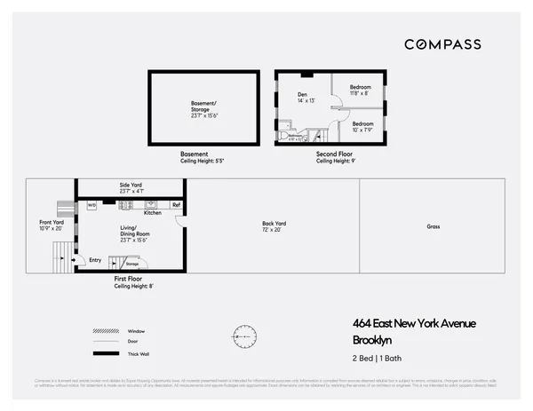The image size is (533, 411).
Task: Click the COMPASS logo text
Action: click(442, 44)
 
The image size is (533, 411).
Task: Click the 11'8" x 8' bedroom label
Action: click(360, 89)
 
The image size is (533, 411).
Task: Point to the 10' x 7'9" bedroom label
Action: click(362, 127)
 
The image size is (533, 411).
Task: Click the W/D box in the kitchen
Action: click(91, 205)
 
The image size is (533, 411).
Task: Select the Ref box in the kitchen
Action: click(176, 205)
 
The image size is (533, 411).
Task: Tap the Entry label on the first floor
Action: click(95, 260)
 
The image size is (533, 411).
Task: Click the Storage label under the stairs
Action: click(131, 264)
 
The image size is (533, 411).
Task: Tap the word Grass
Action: click(434, 226)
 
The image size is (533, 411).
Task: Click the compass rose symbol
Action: click(243, 336)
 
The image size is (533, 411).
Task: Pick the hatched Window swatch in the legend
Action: click(106, 331)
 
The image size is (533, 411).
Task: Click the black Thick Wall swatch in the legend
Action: click(106, 353)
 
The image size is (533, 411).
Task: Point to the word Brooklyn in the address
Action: click(373, 340)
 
